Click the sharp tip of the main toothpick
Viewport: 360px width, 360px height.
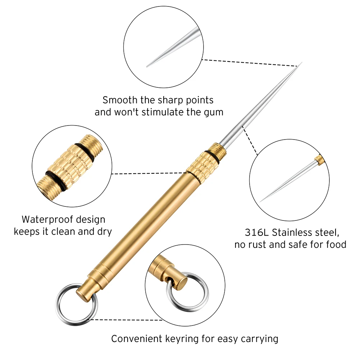pos(300,64)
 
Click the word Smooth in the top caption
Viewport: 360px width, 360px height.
pos(118,100)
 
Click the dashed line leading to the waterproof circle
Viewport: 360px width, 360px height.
pos(151,174)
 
